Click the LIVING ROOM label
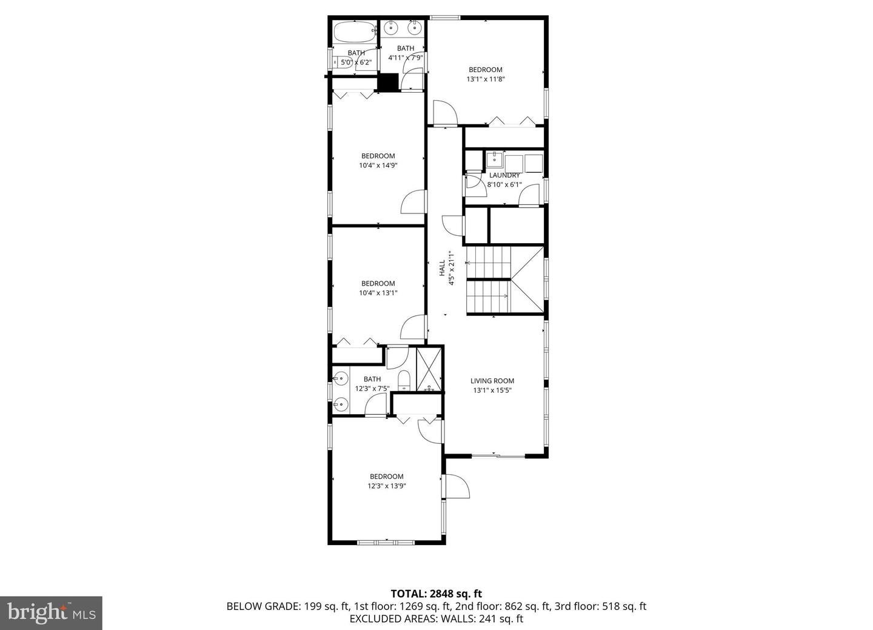tap(492, 381)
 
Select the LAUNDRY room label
tap(504, 175)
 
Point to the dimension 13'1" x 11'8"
tap(486, 79)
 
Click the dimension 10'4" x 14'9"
tap(378, 165)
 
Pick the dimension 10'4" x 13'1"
tap(378, 292)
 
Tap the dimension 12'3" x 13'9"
tap(386, 485)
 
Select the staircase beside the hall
tap(488, 280)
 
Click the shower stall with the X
tap(430, 369)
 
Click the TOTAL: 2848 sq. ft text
tap(436, 594)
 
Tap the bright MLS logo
tap(52, 612)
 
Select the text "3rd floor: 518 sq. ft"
tap(600, 606)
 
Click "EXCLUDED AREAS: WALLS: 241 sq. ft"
tap(436, 618)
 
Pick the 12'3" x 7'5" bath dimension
tap(372, 389)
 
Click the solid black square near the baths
tap(387, 82)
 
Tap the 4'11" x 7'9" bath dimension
tap(406, 58)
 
